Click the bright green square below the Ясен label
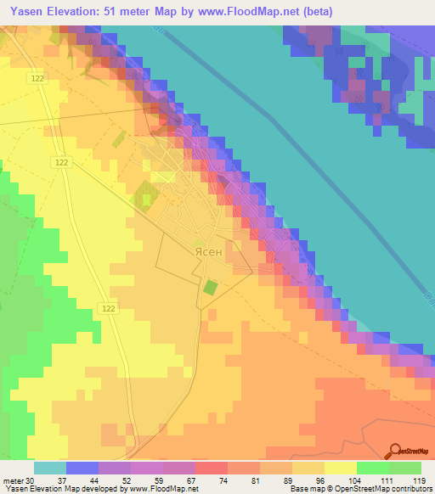tap(210, 288)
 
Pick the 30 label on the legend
tap(32, 480)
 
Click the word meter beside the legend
tap(14, 480)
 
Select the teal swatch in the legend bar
tap(50, 468)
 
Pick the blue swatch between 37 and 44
tap(82, 468)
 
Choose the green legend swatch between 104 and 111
tap(372, 468)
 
